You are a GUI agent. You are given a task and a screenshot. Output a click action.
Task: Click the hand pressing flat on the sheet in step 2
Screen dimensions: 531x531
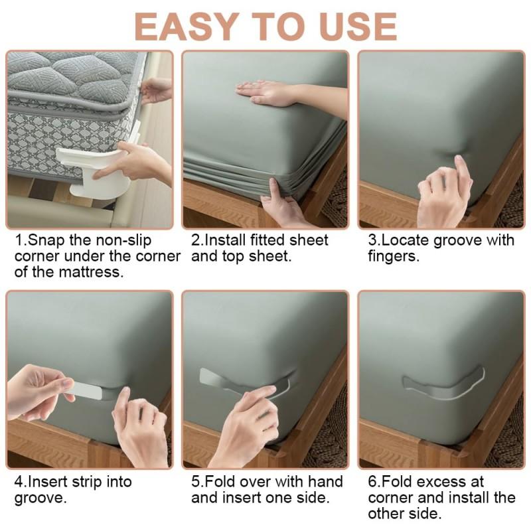pyautogui.click(x=265, y=92)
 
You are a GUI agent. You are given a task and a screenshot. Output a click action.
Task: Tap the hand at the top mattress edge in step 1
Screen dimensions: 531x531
pyautogui.click(x=157, y=89)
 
